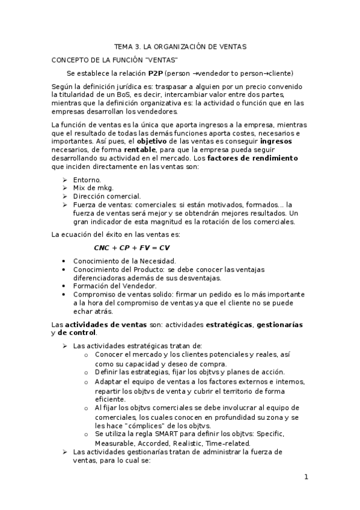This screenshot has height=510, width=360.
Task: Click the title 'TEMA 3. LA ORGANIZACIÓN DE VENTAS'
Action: coord(180,46)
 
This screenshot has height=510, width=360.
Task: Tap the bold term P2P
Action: coord(156,73)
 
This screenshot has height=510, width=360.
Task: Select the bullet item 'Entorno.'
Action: coord(87,179)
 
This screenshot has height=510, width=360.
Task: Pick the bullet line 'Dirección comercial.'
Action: coord(107,196)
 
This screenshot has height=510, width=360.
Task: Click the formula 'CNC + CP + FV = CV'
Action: coord(132,247)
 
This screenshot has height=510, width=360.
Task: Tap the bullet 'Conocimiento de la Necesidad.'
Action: coord(124,261)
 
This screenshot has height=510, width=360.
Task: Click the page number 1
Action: coord(306,478)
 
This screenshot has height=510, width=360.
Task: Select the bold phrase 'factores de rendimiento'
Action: coord(257,158)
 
